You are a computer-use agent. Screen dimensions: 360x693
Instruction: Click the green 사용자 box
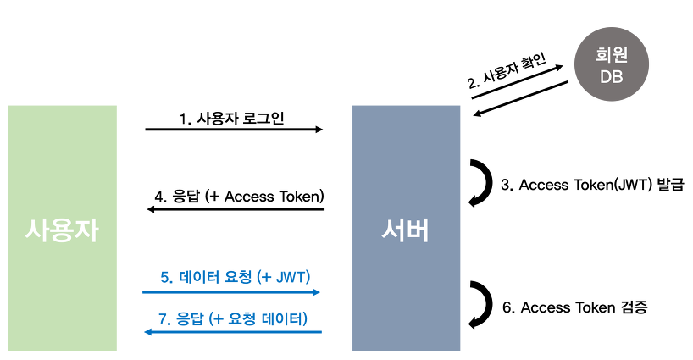pyautogui.click(x=62, y=227)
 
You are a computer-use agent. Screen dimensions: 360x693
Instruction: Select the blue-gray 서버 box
pyautogui.click(x=405, y=227)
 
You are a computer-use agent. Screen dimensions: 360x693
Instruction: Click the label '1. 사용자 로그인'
pyautogui.click(x=231, y=118)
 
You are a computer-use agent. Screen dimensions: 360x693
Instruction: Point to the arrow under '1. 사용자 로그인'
pyautogui.click(x=234, y=130)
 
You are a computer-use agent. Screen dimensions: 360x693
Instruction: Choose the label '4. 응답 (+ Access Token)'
pyautogui.click(x=240, y=197)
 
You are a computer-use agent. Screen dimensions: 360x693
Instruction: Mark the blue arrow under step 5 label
pyautogui.click(x=231, y=292)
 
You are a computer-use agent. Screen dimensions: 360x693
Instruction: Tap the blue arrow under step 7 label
pyautogui.click(x=234, y=332)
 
